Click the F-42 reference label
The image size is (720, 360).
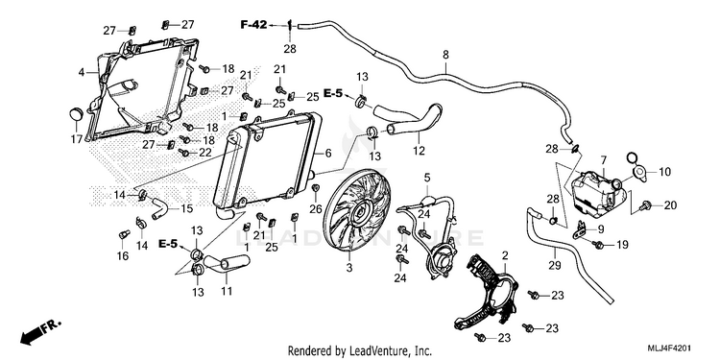(x=253, y=25)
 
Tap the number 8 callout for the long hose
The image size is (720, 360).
(x=445, y=54)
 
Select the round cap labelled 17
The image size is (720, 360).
(x=75, y=114)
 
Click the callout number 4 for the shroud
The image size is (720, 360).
(x=82, y=73)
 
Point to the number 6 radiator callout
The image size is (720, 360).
(x=328, y=154)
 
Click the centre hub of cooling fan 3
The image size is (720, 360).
(x=358, y=213)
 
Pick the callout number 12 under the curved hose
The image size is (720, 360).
(x=419, y=151)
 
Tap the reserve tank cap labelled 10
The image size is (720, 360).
(x=638, y=172)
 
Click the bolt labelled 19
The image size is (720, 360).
(x=598, y=244)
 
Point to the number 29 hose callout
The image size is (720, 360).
(x=555, y=265)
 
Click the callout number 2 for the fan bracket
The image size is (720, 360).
(x=505, y=254)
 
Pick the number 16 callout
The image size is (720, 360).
(x=122, y=255)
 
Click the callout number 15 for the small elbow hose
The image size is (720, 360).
(x=187, y=209)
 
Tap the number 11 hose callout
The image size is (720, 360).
(x=227, y=291)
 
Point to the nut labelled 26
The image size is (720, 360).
(x=316, y=188)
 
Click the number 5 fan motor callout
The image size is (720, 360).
(x=427, y=177)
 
